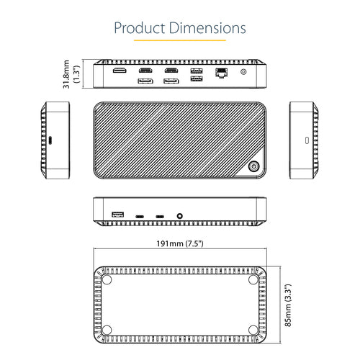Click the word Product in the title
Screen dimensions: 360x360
coord(142,28)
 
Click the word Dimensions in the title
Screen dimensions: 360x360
coord(208,28)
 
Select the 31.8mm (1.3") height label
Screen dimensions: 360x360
coord(71,73)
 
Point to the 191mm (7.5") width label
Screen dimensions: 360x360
coord(180,244)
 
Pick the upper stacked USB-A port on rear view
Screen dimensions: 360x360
coord(197,71)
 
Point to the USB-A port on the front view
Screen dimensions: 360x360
coord(118,215)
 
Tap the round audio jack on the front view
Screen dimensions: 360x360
coord(178,215)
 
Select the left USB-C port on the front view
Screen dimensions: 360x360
coord(140,215)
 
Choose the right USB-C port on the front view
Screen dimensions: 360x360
coord(159,215)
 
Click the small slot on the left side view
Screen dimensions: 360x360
coord(50,139)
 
